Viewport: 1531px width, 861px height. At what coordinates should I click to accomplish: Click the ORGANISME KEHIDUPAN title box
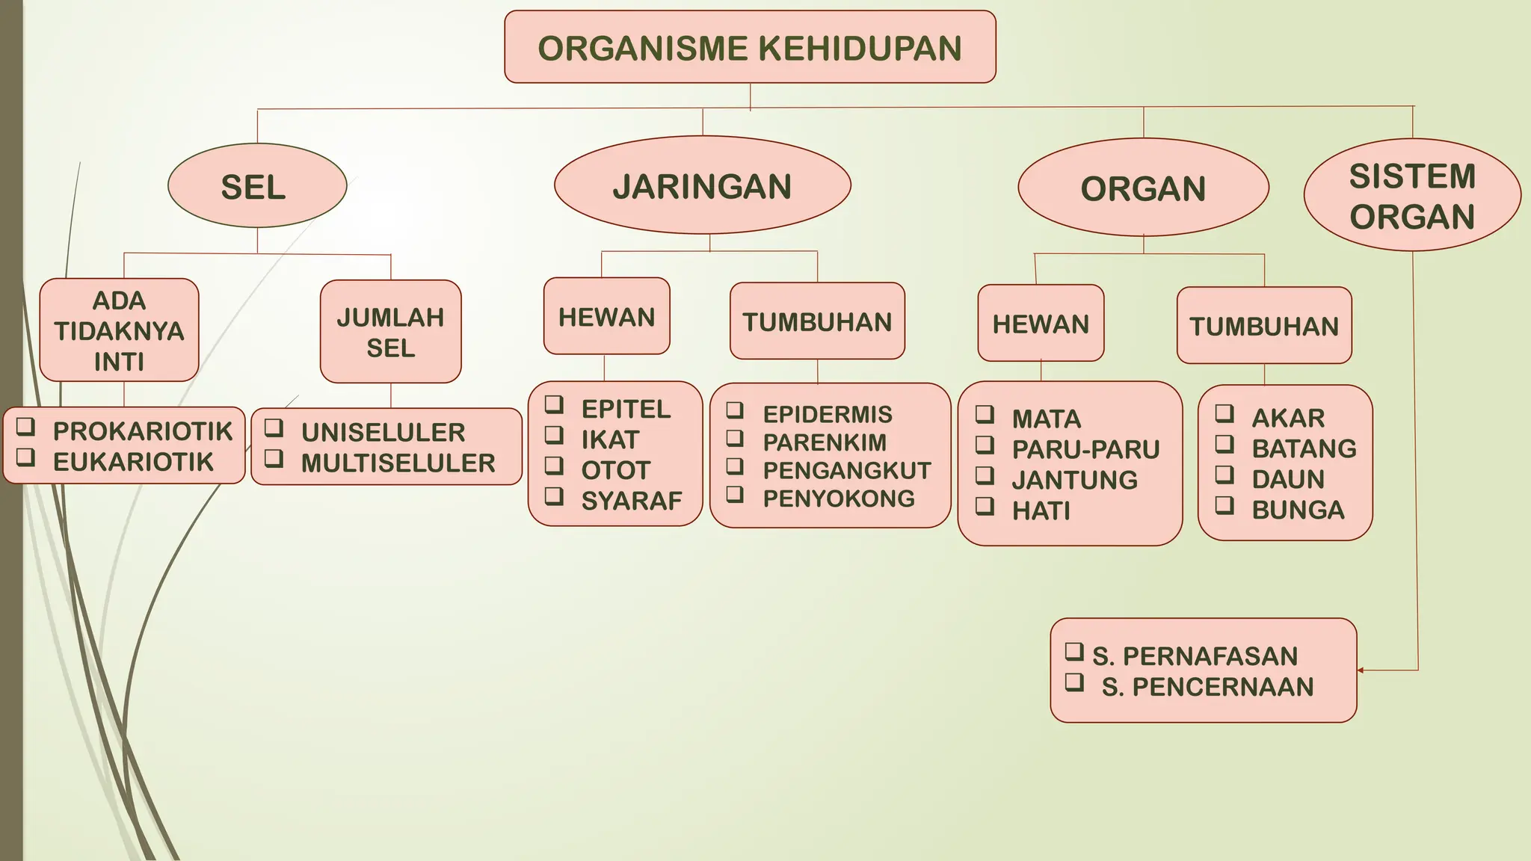[750, 47]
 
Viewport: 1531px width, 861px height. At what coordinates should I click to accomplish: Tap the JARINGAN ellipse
[702, 185]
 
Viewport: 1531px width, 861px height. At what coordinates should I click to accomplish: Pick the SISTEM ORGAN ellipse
[1412, 196]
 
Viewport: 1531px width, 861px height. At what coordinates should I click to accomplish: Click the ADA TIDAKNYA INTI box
[119, 330]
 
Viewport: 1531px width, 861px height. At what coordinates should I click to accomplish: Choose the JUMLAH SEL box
[390, 332]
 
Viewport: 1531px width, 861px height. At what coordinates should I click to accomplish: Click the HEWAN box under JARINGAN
[606, 316]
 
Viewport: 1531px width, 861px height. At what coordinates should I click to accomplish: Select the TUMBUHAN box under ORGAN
[1264, 326]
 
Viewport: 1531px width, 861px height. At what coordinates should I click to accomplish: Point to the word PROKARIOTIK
[143, 431]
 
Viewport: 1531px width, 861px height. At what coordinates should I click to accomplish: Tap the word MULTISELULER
[398, 463]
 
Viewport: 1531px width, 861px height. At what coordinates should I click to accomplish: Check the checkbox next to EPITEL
[554, 405]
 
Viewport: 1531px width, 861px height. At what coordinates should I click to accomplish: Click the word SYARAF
[632, 501]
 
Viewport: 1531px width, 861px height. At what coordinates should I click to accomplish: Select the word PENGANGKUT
[847, 471]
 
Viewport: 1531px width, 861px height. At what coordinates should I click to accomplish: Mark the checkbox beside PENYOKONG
[735, 495]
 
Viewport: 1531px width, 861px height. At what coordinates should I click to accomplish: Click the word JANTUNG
[1074, 480]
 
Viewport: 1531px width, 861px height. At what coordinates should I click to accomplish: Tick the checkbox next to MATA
[985, 414]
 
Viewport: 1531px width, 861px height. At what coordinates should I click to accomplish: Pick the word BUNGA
[1298, 510]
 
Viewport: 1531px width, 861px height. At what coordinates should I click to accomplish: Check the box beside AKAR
[1224, 413]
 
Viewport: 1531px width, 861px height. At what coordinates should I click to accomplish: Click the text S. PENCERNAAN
[1207, 687]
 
